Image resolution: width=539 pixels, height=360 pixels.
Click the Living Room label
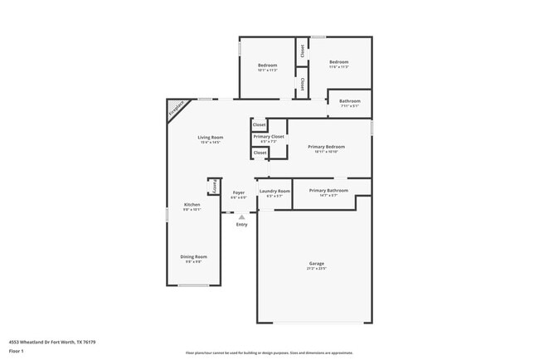click(210, 137)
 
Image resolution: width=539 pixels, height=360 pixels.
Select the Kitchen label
click(192, 205)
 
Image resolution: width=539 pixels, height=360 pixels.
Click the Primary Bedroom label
click(326, 147)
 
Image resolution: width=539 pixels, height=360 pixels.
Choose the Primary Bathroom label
click(328, 191)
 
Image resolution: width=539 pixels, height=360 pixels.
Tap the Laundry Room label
click(274, 191)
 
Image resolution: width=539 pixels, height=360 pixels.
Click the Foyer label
click(238, 192)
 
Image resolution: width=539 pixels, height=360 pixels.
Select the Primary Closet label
click(269, 136)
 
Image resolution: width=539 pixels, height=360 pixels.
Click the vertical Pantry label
click(214, 186)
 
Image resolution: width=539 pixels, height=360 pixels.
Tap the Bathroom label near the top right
click(349, 101)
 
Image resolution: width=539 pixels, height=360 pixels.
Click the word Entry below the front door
click(241, 225)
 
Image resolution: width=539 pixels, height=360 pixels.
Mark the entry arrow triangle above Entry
click(241, 216)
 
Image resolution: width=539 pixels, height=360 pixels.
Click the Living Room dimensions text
click(210, 142)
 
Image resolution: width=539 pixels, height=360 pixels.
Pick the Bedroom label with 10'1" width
click(266, 65)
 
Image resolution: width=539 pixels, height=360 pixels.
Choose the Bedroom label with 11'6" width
click(338, 62)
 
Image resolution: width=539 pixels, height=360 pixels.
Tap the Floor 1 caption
click(17, 351)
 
